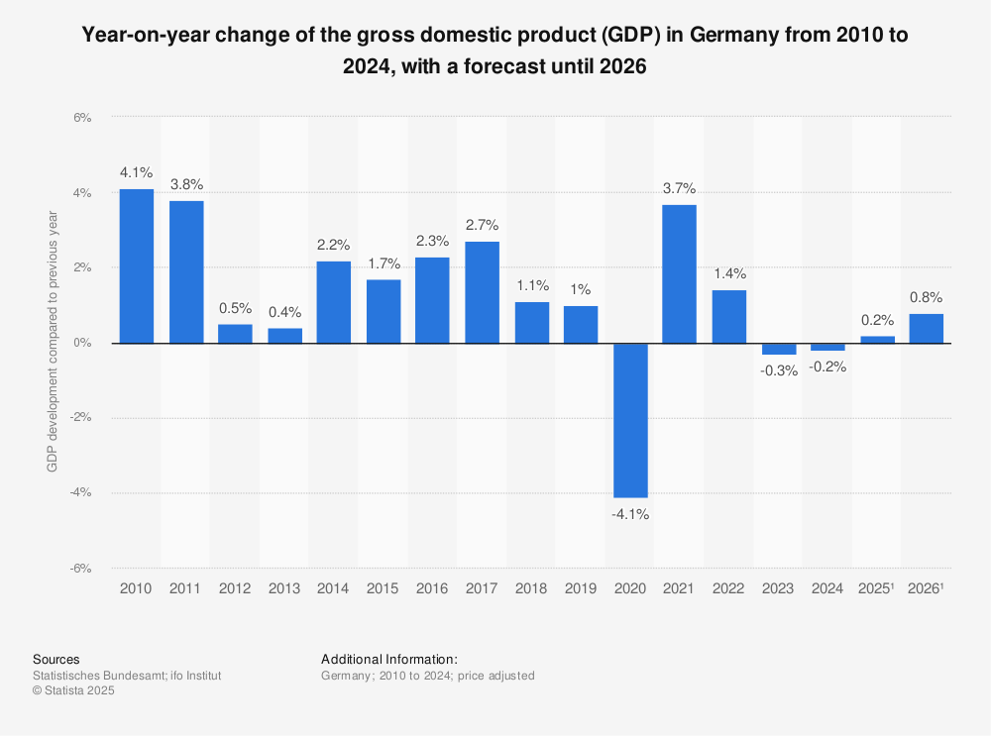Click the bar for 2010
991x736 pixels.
(136, 265)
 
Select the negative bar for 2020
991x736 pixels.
(630, 420)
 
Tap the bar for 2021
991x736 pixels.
(679, 273)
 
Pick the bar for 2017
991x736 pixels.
(482, 292)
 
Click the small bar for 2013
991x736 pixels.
(284, 335)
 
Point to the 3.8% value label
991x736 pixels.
(185, 184)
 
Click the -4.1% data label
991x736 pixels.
(630, 514)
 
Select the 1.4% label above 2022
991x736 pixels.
(728, 273)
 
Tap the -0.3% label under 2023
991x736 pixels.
(778, 370)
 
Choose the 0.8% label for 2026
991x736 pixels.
(926, 296)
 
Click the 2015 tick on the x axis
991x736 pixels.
(383, 588)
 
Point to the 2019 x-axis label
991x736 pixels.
(581, 588)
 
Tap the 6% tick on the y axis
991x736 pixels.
(81, 117)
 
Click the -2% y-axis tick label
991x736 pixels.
(79, 417)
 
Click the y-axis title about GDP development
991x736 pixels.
(53, 343)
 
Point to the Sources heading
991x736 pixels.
(56, 659)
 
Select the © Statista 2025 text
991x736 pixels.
(74, 691)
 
